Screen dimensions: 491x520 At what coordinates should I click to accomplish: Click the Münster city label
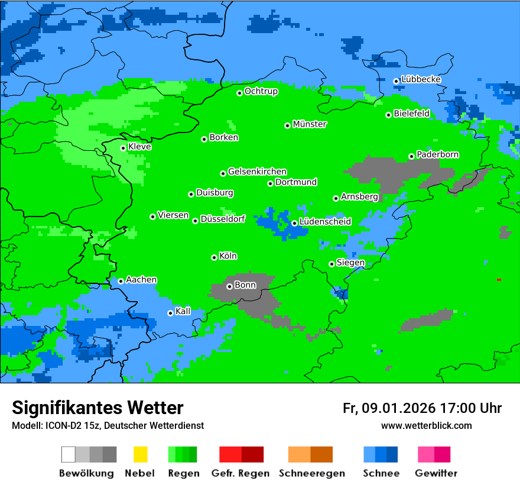point(310,124)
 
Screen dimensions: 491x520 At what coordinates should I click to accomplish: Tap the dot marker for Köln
point(214,257)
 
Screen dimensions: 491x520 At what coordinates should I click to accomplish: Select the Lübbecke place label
point(421,79)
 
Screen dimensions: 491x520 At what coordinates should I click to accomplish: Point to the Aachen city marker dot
point(121,281)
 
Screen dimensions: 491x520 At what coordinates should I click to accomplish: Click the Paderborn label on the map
point(437,154)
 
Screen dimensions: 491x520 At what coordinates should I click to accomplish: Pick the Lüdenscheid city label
point(325,222)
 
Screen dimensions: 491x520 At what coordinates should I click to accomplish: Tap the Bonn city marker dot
point(229,286)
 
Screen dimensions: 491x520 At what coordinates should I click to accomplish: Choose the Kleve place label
point(139,147)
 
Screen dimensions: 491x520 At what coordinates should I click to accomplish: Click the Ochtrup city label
point(261,91)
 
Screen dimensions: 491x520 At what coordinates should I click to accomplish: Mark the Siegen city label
point(350,263)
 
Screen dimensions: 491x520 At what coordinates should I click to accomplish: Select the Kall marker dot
point(170,313)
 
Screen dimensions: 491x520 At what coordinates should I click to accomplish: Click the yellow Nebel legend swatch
point(140,454)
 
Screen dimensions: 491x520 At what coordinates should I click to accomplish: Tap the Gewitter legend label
point(436,473)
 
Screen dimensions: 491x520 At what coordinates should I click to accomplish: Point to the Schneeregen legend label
point(312,473)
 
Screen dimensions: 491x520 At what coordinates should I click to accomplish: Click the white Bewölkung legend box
point(69,454)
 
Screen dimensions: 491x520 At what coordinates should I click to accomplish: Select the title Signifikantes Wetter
point(97,408)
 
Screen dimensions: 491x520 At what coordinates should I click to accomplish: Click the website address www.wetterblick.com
point(426,425)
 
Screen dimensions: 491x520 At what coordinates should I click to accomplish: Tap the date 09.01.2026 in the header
point(398,408)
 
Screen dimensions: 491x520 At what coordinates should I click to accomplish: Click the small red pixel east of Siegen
point(499,280)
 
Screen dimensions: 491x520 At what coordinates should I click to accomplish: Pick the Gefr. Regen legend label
point(240,473)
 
